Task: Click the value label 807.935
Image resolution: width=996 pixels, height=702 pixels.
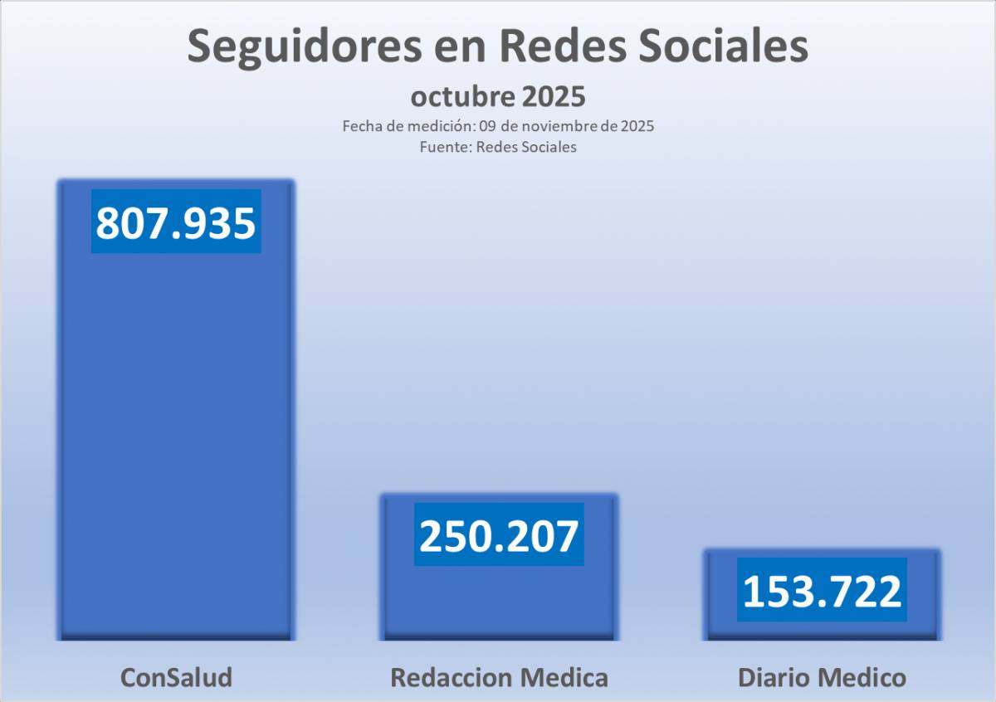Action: pyautogui.click(x=176, y=222)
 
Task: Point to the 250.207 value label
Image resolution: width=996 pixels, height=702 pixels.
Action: pyautogui.click(x=499, y=535)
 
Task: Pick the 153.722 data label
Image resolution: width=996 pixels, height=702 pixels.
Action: pyautogui.click(x=822, y=590)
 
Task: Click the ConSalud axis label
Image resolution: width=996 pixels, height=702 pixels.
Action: pyautogui.click(x=176, y=677)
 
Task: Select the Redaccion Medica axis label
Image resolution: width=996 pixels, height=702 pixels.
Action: pyautogui.click(x=499, y=677)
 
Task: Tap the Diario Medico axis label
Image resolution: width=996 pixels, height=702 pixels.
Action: pyautogui.click(x=822, y=677)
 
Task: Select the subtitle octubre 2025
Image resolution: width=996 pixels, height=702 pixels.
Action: pyautogui.click(x=498, y=96)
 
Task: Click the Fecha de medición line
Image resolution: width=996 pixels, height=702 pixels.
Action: pyautogui.click(x=498, y=127)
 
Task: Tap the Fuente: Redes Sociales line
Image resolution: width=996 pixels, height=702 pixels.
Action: pyautogui.click(x=498, y=147)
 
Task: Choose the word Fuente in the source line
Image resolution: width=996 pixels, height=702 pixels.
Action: pyautogui.click(x=442, y=147)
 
